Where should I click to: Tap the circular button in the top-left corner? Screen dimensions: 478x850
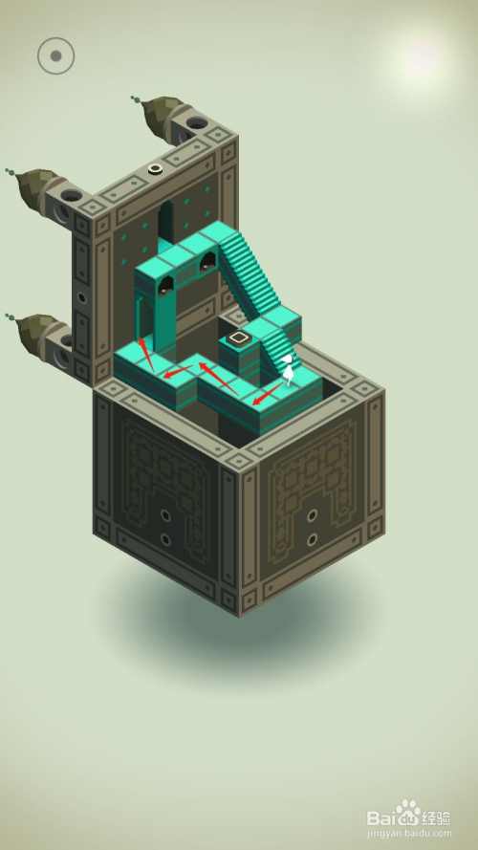(x=55, y=55)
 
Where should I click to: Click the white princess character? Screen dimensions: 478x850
(x=290, y=370)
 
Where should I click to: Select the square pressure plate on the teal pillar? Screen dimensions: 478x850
(x=238, y=338)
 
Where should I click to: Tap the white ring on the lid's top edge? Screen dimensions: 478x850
(x=156, y=169)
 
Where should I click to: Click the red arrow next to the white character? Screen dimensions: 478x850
(x=268, y=394)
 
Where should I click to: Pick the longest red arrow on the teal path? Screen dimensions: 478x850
(x=219, y=379)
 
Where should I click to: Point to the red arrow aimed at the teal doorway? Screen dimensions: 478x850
(x=145, y=355)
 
